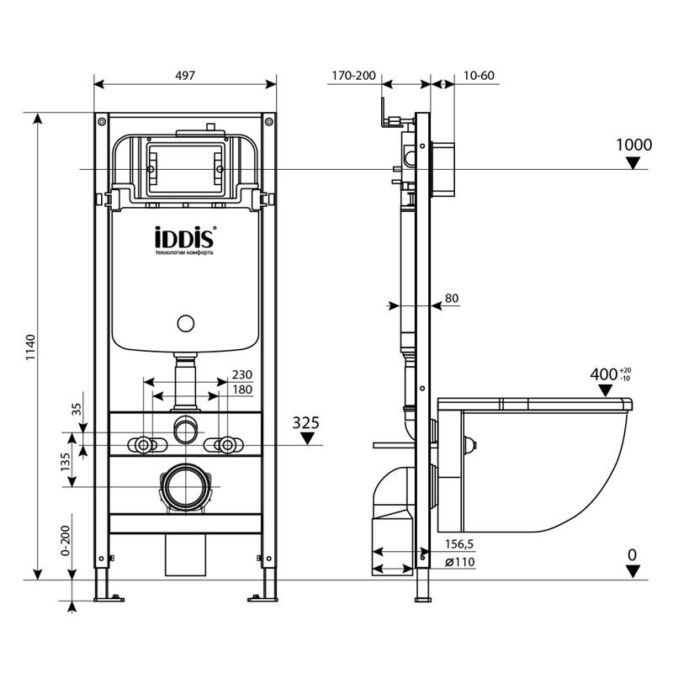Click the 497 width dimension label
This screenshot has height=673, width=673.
[185, 75]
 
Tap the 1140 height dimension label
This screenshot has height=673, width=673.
[30, 347]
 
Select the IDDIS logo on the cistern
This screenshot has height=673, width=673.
[183, 237]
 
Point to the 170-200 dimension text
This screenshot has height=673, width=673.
[353, 76]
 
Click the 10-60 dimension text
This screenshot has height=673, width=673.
[479, 76]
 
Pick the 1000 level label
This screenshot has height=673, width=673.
[634, 145]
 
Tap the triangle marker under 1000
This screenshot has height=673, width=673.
[633, 163]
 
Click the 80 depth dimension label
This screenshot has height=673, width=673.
[452, 298]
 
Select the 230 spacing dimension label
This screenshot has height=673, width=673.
[242, 374]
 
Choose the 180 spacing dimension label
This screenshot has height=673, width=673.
[242, 389]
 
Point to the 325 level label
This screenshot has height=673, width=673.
[306, 423]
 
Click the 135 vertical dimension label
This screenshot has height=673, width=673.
[66, 462]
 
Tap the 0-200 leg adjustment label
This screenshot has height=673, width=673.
[66, 540]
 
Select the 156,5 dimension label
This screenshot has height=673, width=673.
[459, 544]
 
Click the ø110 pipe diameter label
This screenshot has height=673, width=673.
[459, 562]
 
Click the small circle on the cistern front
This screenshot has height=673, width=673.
[186, 323]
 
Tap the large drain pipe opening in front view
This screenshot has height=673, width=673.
[186, 487]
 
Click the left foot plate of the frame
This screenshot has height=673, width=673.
[109, 598]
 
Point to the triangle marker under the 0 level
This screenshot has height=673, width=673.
[633, 571]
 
